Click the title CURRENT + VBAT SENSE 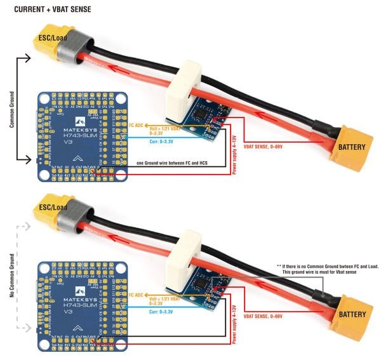point(48,9)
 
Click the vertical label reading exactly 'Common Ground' point(12,109)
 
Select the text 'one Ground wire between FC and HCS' point(174,163)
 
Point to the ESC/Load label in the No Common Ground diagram point(52,208)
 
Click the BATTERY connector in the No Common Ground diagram point(351,314)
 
